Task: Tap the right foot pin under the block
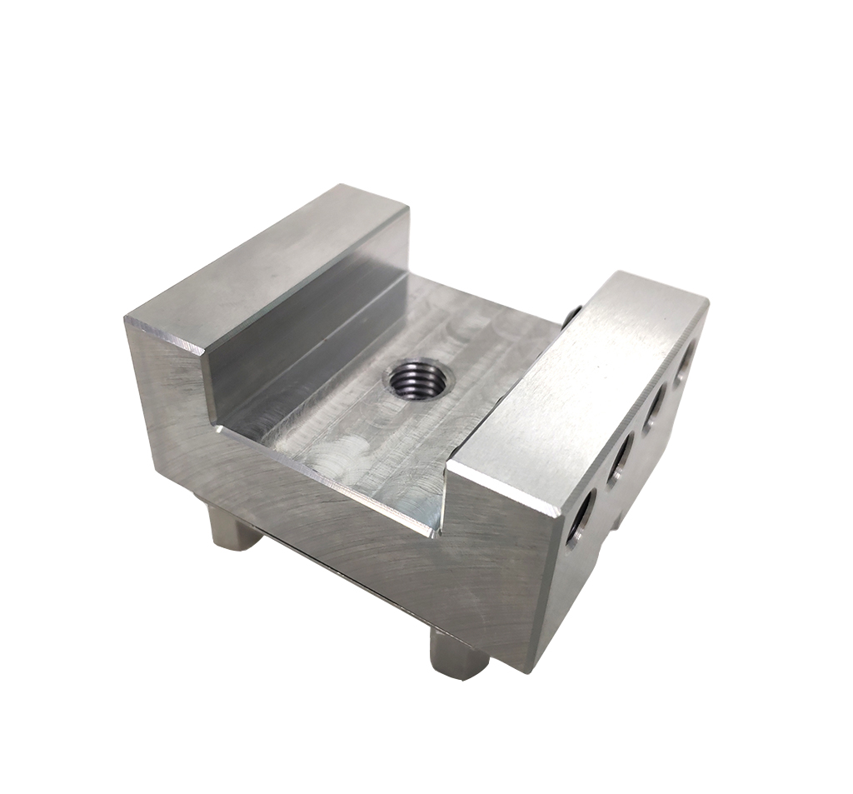[458, 654]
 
